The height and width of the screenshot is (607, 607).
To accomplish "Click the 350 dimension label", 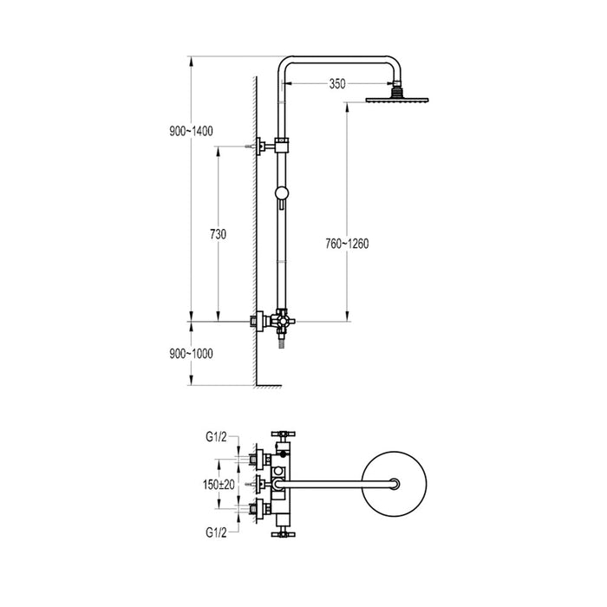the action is click(x=337, y=83).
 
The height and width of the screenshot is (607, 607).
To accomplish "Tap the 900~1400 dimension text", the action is click(x=192, y=131).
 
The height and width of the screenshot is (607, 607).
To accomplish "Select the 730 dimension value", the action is click(x=218, y=234).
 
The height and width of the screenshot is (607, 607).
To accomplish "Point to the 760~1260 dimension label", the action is click(x=347, y=244).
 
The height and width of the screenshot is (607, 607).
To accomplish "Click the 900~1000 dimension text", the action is click(x=192, y=354).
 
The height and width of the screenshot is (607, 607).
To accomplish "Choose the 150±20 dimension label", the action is click(x=219, y=484).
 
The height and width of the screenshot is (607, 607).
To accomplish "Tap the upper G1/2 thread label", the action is click(x=216, y=437).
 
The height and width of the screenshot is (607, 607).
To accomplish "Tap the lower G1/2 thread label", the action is click(x=216, y=532).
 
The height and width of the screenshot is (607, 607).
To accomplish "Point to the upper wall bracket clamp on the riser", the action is click(x=282, y=146).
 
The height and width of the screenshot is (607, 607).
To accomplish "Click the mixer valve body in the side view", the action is click(x=282, y=321).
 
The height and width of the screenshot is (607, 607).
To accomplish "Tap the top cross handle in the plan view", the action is click(x=284, y=434).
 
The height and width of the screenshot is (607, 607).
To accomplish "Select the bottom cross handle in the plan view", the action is click(x=284, y=534).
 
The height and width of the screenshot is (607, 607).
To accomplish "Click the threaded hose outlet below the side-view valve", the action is click(x=282, y=343).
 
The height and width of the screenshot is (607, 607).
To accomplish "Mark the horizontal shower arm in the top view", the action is click(x=336, y=484).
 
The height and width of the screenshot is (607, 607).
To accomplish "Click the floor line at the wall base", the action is click(x=269, y=386).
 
